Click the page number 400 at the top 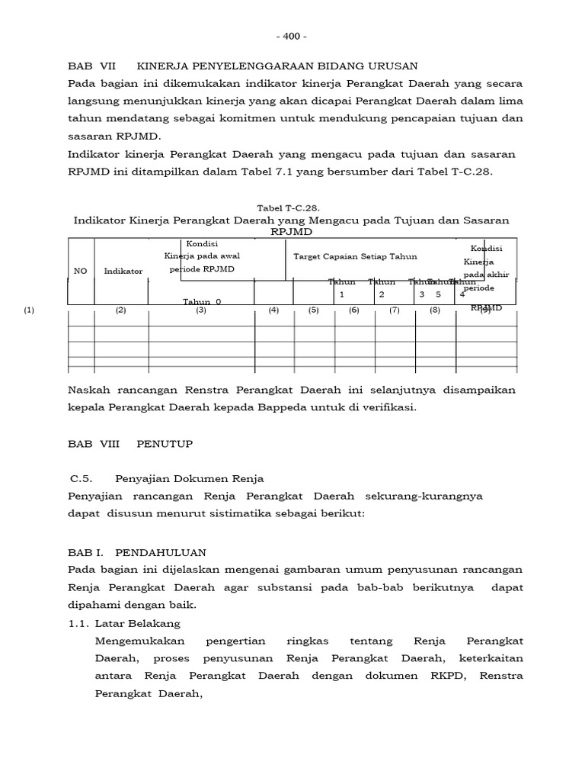point(292,36)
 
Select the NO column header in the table point(80,271)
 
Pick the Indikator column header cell point(123,271)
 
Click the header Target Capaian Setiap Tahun point(355,257)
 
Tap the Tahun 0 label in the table point(202,301)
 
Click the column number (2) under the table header point(120,310)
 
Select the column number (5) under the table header point(313,310)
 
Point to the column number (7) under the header point(394,310)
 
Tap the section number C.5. point(81,478)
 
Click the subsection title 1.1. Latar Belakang point(122,623)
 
